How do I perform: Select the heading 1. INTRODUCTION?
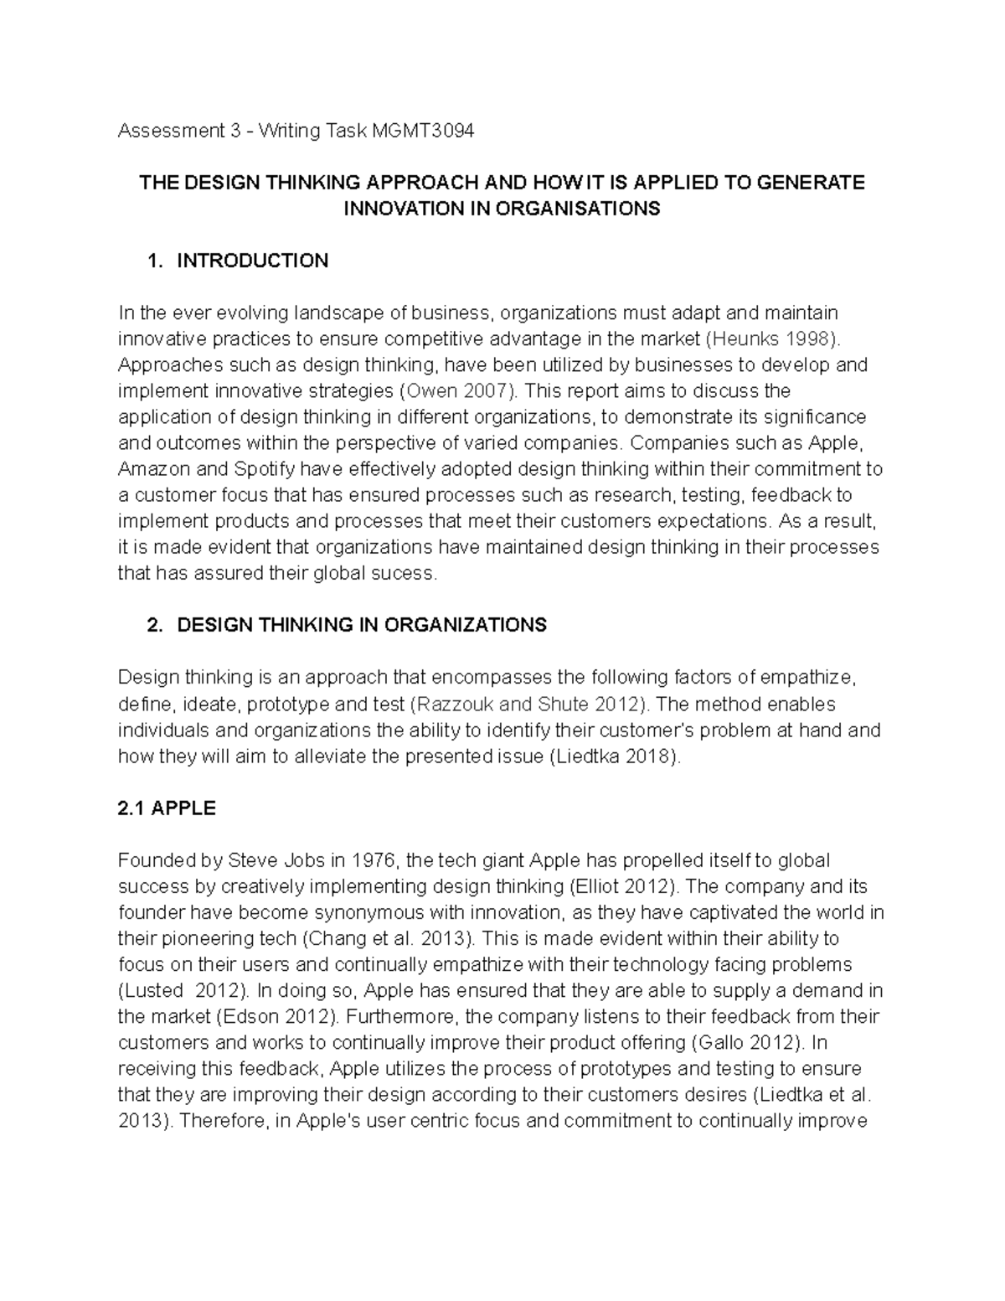[x=237, y=261]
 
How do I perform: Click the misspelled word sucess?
[x=406, y=574]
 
